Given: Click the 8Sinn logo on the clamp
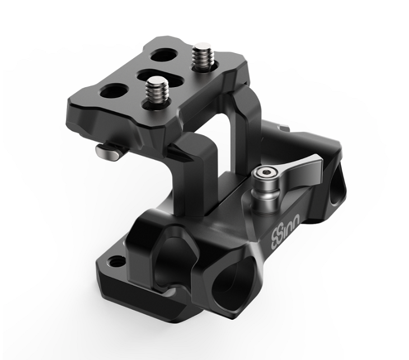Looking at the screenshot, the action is [x=285, y=229].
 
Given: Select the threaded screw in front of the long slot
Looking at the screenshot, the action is [x=157, y=89].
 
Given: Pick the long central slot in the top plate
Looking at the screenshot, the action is [x=160, y=78].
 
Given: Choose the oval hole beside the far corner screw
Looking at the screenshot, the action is [x=164, y=55].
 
